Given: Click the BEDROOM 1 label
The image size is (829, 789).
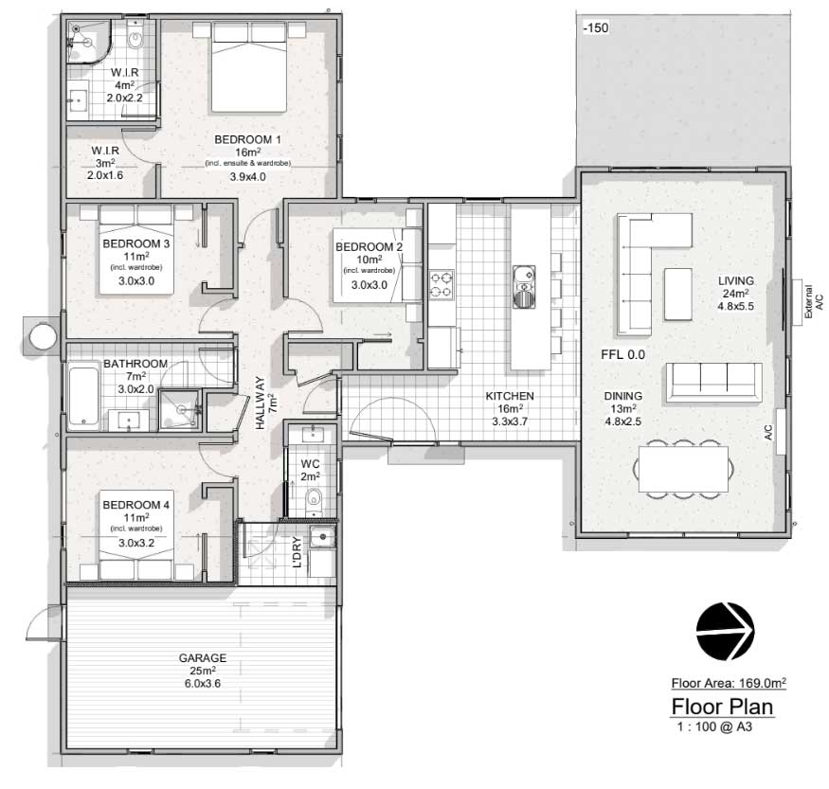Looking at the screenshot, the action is coord(247,139).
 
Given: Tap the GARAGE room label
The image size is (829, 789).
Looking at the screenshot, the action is coord(203,658).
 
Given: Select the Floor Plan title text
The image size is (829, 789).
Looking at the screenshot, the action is coord(722,707).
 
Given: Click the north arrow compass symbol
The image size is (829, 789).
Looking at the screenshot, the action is coord(725,631).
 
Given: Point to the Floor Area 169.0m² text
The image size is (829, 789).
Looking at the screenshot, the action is coord(729,683).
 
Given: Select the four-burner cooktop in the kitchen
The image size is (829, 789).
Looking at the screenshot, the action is coord(441,284).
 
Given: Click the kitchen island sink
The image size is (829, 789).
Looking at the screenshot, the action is coord(524,287).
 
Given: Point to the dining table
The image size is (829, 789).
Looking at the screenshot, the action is coord(683,469).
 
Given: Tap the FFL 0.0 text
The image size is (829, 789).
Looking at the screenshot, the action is coord(622,354).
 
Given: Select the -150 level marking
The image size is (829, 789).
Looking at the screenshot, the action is coord(596,28).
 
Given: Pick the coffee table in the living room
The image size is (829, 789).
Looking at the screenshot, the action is coord(677,295).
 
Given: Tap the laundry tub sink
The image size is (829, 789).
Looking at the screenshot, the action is coord(322,537).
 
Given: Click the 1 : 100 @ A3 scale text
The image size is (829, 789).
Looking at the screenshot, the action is coord(714,726).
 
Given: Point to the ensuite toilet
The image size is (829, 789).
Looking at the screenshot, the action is coord(135,38).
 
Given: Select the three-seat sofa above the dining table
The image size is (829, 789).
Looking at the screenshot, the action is coord(713,383).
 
